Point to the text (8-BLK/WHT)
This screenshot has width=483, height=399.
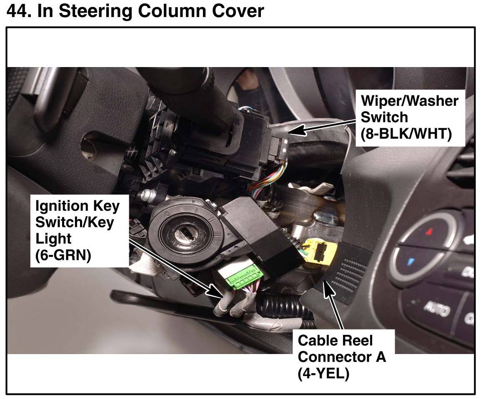406,135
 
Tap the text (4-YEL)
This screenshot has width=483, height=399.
323,373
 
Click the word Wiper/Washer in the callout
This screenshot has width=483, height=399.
409,101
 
